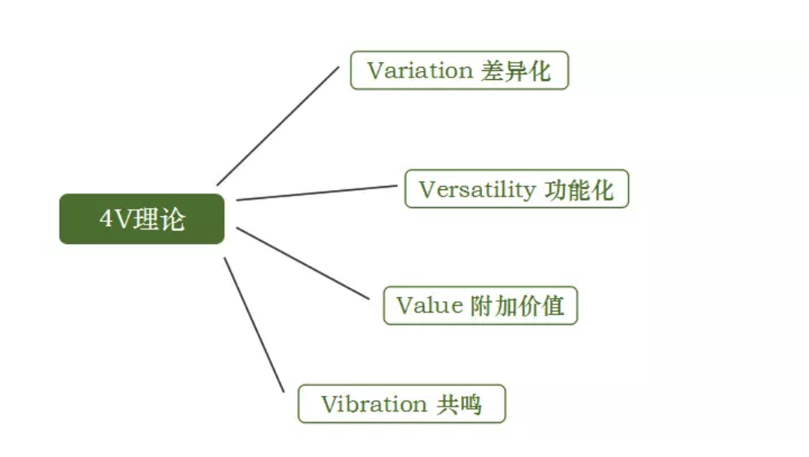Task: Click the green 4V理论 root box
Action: pyautogui.click(x=142, y=219)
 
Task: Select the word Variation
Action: pyautogui.click(x=419, y=71)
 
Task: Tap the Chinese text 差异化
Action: pyautogui.click(x=516, y=71)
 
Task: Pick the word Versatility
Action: pyautogui.click(x=475, y=190)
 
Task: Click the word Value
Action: pyautogui.click(x=429, y=306)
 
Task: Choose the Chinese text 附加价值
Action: pyautogui.click(x=518, y=306)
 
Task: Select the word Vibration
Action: pyautogui.click(x=374, y=404)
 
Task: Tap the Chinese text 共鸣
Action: pyautogui.click(x=459, y=404)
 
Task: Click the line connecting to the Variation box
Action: pyautogui.click(x=277, y=126)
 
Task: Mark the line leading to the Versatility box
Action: pyautogui.click(x=318, y=193)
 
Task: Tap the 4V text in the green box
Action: pyautogui.click(x=115, y=219)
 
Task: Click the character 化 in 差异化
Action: pyautogui.click(x=539, y=71)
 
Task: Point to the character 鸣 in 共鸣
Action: pyautogui.click(x=471, y=404)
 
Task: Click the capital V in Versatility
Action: pyautogui.click(x=427, y=190)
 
